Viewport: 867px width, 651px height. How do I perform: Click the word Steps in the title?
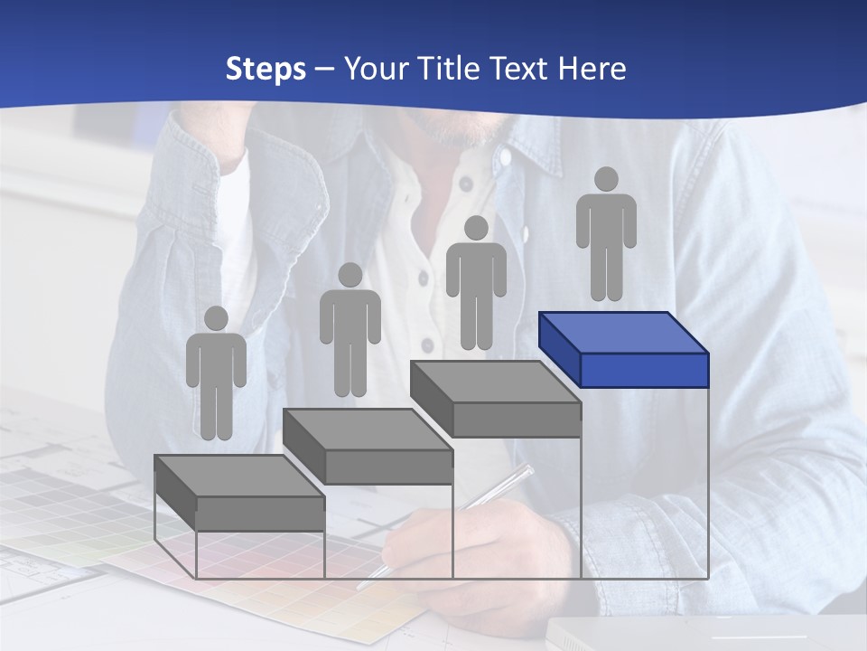click(x=266, y=70)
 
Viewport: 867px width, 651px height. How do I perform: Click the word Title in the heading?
click(x=452, y=69)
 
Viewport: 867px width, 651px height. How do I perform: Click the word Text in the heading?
click(x=522, y=69)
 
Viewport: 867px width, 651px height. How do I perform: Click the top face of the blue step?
click(x=623, y=332)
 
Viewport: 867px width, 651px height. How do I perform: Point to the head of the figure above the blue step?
click(x=606, y=179)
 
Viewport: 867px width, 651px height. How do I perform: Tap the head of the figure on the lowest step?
click(x=216, y=318)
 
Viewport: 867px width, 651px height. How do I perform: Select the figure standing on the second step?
click(x=350, y=330)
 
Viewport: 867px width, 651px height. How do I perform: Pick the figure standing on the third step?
click(x=476, y=282)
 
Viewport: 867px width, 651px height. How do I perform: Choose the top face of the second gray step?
click(x=367, y=429)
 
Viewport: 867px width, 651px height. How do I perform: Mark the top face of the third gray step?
click(x=495, y=382)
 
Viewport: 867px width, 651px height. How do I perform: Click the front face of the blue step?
click(x=644, y=370)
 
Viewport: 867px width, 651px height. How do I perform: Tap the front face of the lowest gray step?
click(x=260, y=514)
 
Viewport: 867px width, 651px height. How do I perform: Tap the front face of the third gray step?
click(x=516, y=420)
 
